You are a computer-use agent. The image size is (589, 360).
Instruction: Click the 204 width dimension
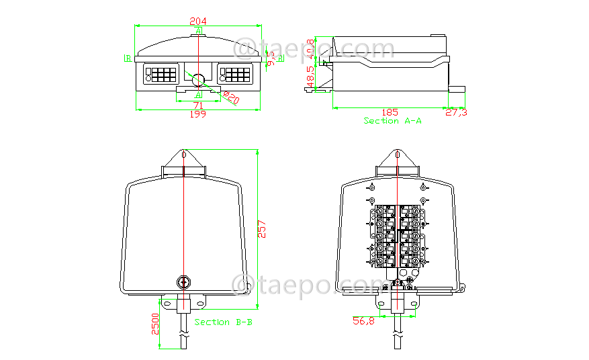coord(199,20)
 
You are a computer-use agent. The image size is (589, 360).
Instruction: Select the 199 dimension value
coord(199,114)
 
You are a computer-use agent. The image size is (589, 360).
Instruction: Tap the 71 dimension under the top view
coord(199,105)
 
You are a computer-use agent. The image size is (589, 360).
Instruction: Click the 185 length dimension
coord(390,112)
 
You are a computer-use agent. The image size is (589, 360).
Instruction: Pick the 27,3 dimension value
coord(457,112)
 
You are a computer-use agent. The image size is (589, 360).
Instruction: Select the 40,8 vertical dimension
coord(311,48)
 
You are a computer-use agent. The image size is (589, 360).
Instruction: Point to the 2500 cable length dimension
coord(155,324)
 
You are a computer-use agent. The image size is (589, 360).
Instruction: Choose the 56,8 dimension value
coord(363,321)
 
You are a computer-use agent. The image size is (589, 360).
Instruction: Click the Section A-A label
coord(393,121)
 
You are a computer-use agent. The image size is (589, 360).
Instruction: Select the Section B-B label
coord(224,322)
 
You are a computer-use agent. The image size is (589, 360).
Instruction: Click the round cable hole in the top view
coord(199,80)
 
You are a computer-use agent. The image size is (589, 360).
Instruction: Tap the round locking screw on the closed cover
coord(183,282)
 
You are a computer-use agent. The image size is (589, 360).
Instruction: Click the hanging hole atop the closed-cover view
coord(183,156)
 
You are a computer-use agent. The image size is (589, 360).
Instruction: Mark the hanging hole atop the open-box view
coord(398,156)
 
